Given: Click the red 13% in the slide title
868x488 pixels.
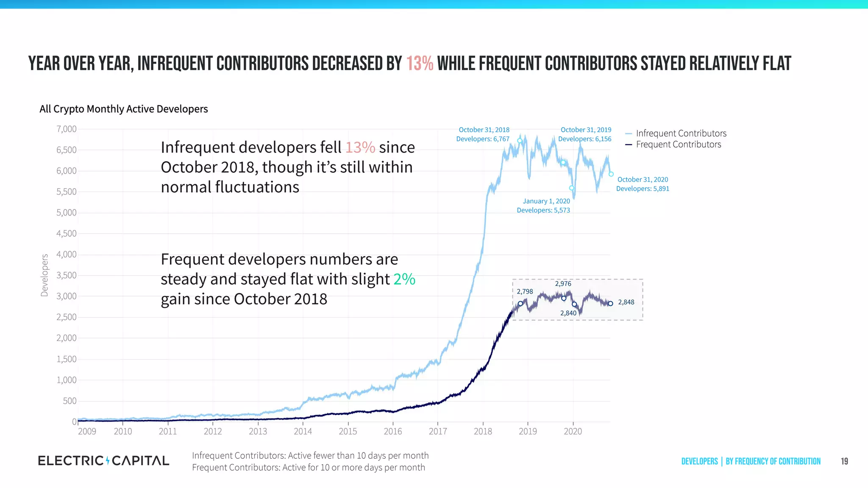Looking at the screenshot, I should tap(420, 64).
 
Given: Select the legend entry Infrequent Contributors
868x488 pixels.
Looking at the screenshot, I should tap(681, 133).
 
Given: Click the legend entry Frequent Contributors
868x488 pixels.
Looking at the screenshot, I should tap(678, 144).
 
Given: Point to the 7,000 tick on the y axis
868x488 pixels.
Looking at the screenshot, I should tap(67, 129).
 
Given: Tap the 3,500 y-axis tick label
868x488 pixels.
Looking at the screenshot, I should tap(67, 275).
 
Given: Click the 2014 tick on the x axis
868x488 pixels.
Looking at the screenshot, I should tap(303, 431).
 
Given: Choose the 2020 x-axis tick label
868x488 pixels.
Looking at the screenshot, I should tap(573, 431).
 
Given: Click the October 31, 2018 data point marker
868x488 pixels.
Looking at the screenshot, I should tap(520, 141).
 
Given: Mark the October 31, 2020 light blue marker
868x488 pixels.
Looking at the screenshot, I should tap(611, 174).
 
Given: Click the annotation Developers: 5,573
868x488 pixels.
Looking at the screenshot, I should tap(543, 211).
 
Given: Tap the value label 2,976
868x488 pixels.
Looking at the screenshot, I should tap(563, 284).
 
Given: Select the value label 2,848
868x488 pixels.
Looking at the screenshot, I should tap(626, 302).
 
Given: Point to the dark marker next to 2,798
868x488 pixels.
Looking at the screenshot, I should tap(520, 304).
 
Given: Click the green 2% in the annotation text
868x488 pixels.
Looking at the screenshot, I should tap(404, 279).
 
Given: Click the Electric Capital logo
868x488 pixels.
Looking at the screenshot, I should tap(103, 461).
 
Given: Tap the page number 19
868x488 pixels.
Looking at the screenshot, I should tap(844, 461).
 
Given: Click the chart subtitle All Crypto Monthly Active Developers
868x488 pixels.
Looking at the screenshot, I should tap(124, 109).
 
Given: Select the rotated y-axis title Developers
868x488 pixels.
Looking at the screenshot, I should tap(45, 275).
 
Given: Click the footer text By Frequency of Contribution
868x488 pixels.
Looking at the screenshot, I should tap(773, 461).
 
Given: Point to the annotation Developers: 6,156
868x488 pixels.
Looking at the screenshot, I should tap(584, 139).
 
